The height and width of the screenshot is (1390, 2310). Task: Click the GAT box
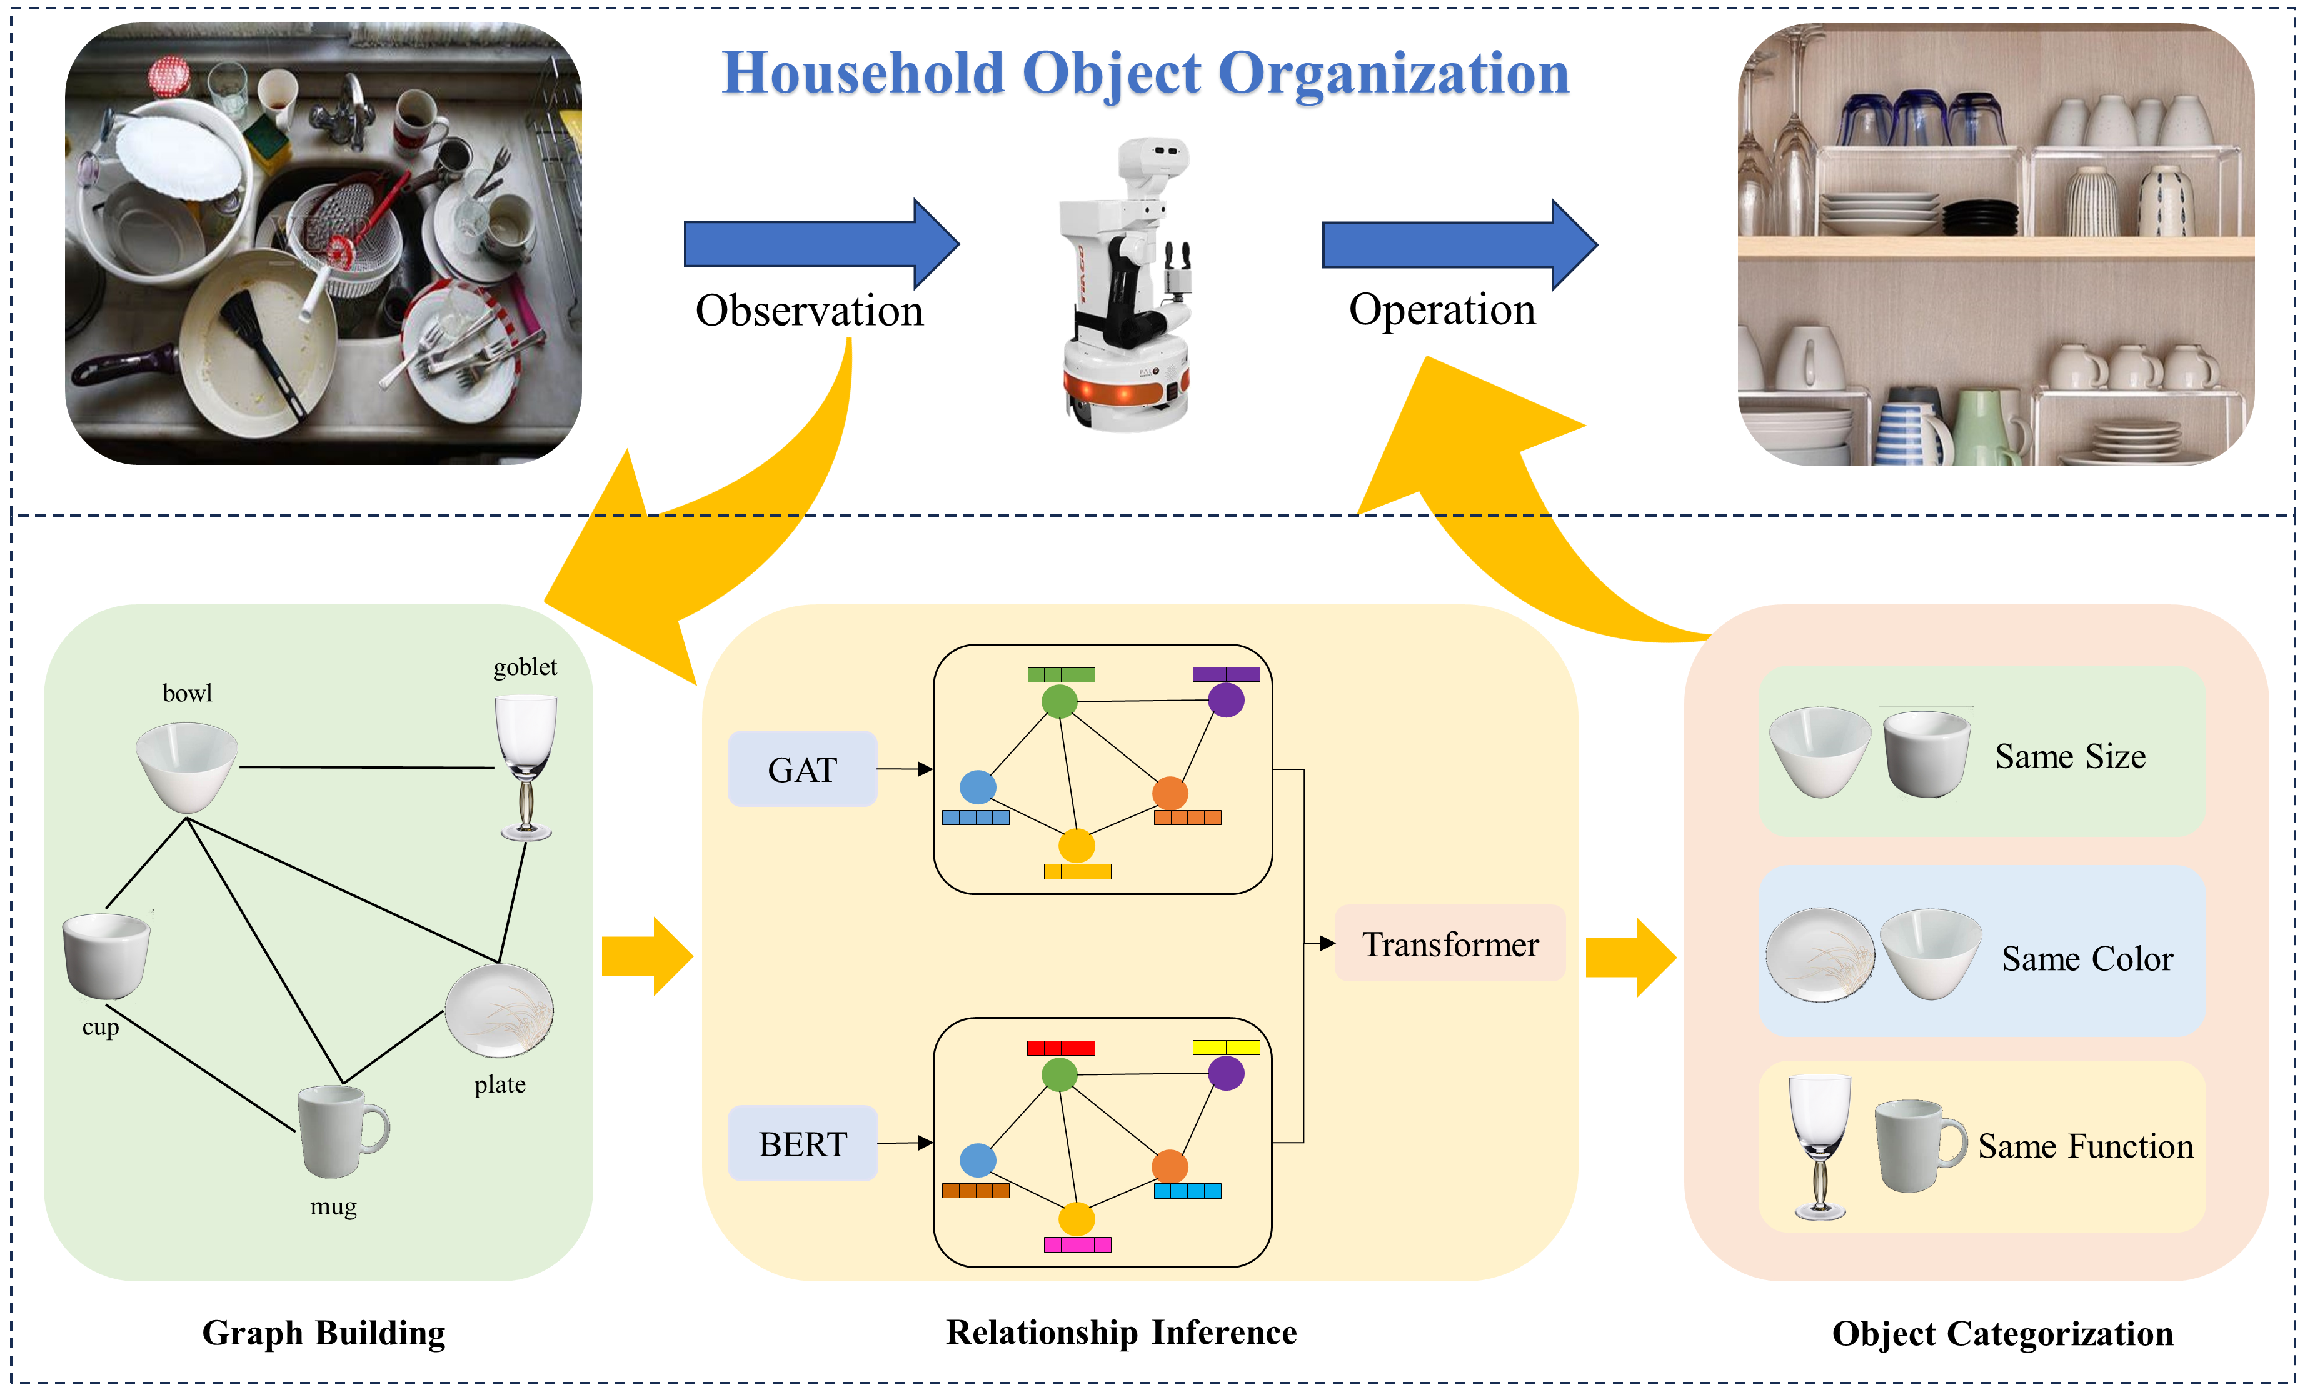click(x=802, y=769)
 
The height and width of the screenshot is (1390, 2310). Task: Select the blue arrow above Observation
click(x=821, y=244)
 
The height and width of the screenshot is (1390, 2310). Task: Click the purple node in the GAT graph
click(x=1225, y=699)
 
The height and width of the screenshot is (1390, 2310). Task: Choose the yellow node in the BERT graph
click(x=1077, y=1219)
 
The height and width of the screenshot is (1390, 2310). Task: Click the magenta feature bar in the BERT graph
click(x=1077, y=1245)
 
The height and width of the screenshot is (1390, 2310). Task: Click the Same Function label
click(x=2085, y=1146)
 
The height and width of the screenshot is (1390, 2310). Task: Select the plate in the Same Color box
click(x=1819, y=954)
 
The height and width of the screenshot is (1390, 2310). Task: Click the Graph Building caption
click(x=323, y=1333)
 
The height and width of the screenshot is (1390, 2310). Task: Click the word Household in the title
click(x=862, y=73)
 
